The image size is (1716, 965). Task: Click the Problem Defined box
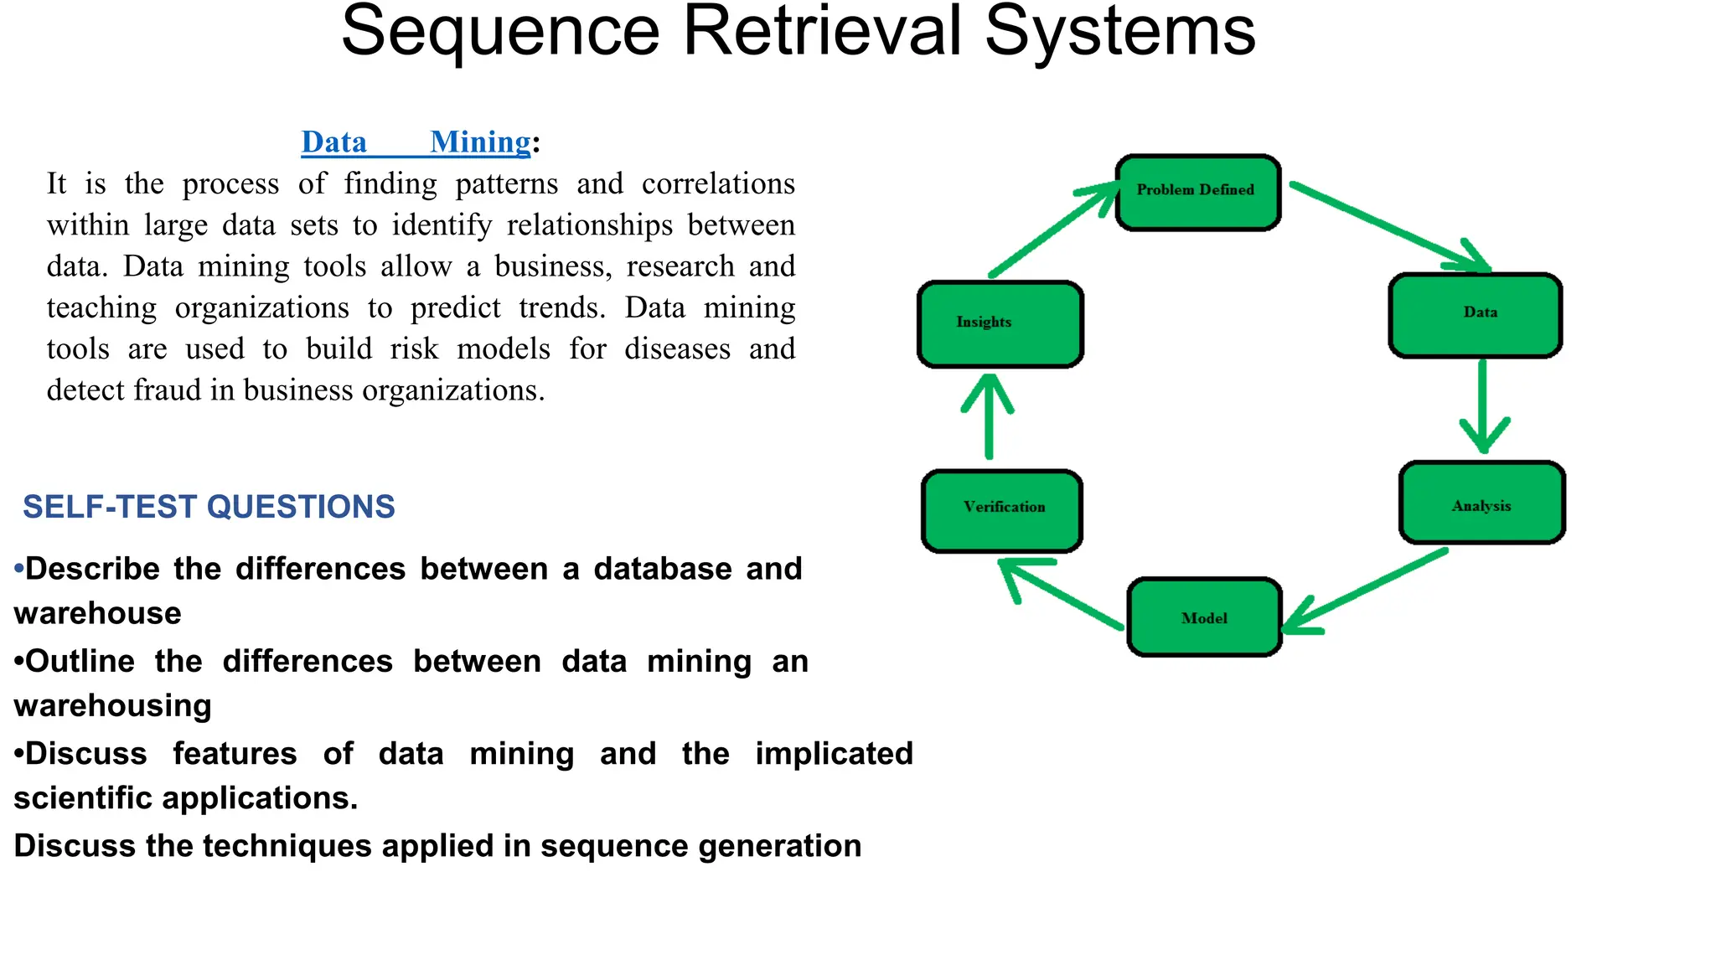pos(1198,192)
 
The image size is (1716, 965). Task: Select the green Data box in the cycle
pos(1476,315)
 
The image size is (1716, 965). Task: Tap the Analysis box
pos(1481,503)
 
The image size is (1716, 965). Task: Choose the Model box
pos(1204,617)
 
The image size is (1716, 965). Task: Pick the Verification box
pos(1002,511)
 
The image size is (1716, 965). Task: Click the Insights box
pos(1000,324)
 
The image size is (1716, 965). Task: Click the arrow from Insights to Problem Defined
pos(1052,230)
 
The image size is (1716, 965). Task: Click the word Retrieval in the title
pos(821,32)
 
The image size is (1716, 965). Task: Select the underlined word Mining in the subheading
pos(480,142)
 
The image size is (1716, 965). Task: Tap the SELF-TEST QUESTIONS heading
pos(209,507)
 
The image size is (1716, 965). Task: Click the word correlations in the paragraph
pos(717,183)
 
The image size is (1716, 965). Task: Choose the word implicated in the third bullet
pos(833,753)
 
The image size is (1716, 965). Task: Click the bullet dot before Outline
pos(19,662)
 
